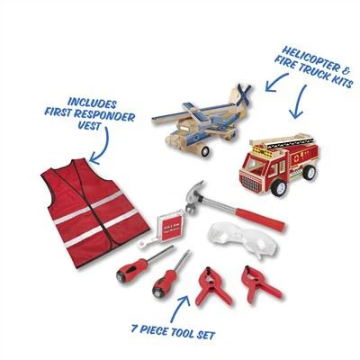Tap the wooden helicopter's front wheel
click(206, 152)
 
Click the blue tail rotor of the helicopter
click(244, 94)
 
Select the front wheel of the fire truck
click(278, 187)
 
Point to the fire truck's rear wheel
click(309, 172)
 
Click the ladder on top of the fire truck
click(282, 141)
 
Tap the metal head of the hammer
click(195, 196)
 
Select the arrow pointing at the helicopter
click(276, 81)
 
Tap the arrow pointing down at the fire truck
click(299, 101)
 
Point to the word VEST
click(89, 125)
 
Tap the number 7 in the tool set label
click(135, 328)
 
